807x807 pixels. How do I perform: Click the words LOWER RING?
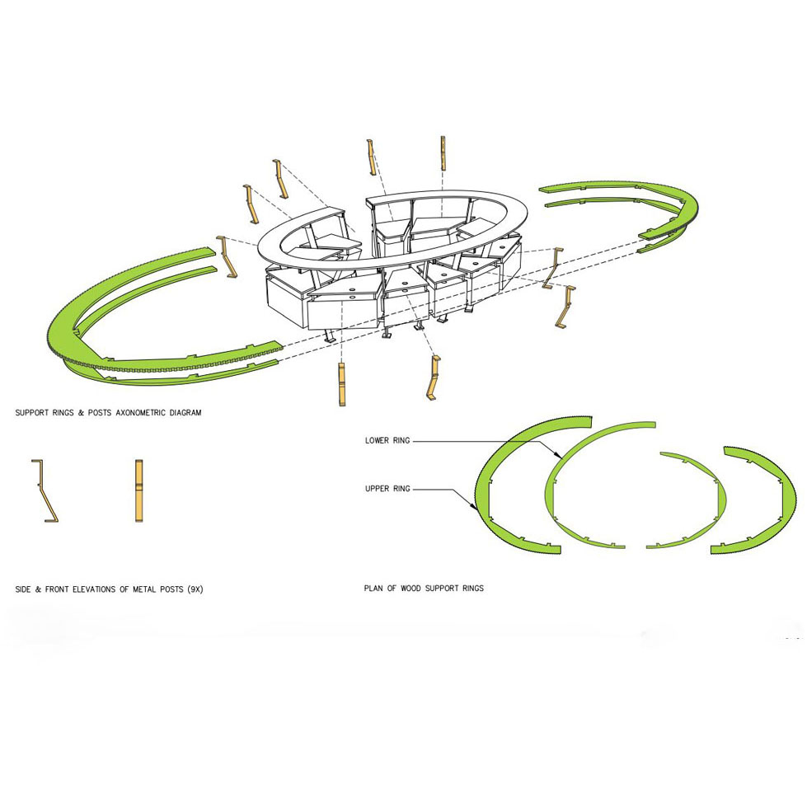click(387, 440)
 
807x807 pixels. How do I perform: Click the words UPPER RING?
click(387, 489)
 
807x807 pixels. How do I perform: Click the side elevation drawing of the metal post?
click(45, 491)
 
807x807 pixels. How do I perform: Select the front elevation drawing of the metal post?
click(139, 491)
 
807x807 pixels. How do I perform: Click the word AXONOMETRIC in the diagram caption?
click(139, 413)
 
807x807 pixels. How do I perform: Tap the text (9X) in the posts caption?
click(195, 589)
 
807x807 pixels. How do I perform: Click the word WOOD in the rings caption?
click(411, 589)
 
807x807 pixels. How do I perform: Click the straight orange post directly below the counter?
click(342, 384)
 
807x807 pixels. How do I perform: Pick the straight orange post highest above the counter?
click(443, 152)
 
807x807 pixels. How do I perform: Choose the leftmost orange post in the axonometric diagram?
click(227, 257)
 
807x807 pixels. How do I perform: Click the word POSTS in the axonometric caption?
click(100, 413)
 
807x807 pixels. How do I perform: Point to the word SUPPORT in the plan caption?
click(443, 589)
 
